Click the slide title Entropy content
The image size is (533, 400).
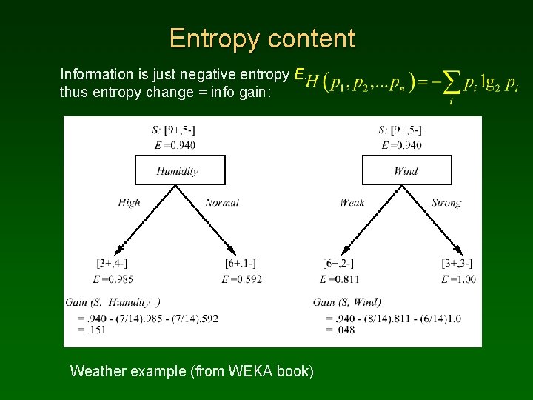tap(262, 38)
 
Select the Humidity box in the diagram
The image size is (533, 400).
tap(177, 170)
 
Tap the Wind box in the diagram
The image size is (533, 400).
tap(406, 170)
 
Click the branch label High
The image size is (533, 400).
tap(129, 203)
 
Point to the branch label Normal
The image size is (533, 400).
tap(222, 203)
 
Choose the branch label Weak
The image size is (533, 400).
tap(352, 203)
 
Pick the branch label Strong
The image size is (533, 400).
tap(446, 203)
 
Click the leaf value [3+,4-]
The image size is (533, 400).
tap(110, 264)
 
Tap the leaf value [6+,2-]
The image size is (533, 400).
tap(338, 264)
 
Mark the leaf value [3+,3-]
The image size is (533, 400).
tap(457, 264)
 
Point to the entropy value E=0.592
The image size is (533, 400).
tap(241, 279)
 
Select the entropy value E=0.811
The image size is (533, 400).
tap(340, 279)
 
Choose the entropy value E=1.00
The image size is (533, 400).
tap(458, 279)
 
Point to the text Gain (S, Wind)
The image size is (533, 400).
tap(347, 302)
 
